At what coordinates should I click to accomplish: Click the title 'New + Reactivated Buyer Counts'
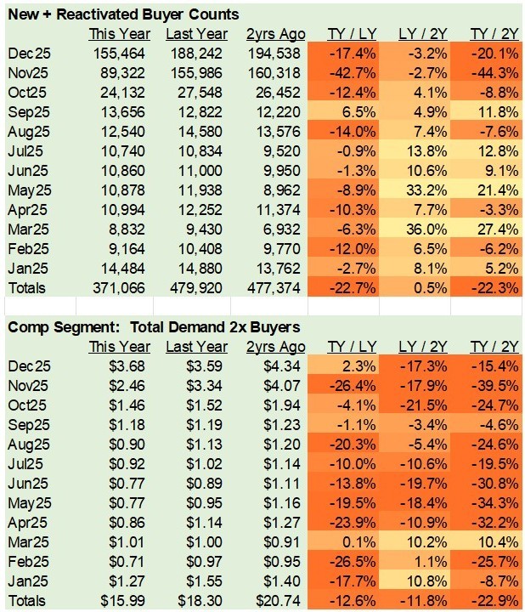(x=123, y=14)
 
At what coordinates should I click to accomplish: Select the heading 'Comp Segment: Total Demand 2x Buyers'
(x=145, y=326)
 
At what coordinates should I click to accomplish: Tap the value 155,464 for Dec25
(x=124, y=54)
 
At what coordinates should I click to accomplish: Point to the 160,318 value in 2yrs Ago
(x=277, y=73)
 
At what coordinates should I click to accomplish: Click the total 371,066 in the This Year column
(x=124, y=289)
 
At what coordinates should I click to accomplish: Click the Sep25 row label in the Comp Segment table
(x=27, y=424)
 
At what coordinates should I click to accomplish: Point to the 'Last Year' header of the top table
(x=196, y=34)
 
